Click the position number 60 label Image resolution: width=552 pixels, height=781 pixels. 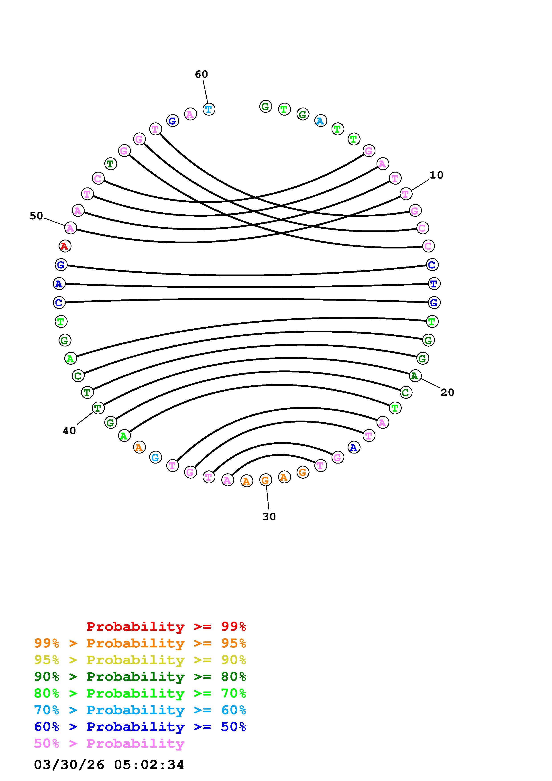tap(201, 74)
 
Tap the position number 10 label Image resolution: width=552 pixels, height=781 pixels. tap(436, 175)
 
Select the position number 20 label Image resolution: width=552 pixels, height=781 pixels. tap(447, 393)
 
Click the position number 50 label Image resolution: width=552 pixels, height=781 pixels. tap(36, 216)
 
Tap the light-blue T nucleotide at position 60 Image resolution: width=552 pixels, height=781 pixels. tap(209, 109)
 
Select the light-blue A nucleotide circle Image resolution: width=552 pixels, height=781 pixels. tap(320, 120)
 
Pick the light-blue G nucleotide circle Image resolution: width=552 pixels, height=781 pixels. tap(155, 458)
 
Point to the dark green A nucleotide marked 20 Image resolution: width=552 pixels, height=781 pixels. tap(415, 376)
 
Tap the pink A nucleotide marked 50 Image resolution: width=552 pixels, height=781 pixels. tap(70, 228)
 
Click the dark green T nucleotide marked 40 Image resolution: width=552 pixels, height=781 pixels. tap(98, 407)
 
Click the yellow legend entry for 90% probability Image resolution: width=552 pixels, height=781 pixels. tap(140, 660)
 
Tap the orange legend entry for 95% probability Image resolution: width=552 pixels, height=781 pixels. tap(140, 643)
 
